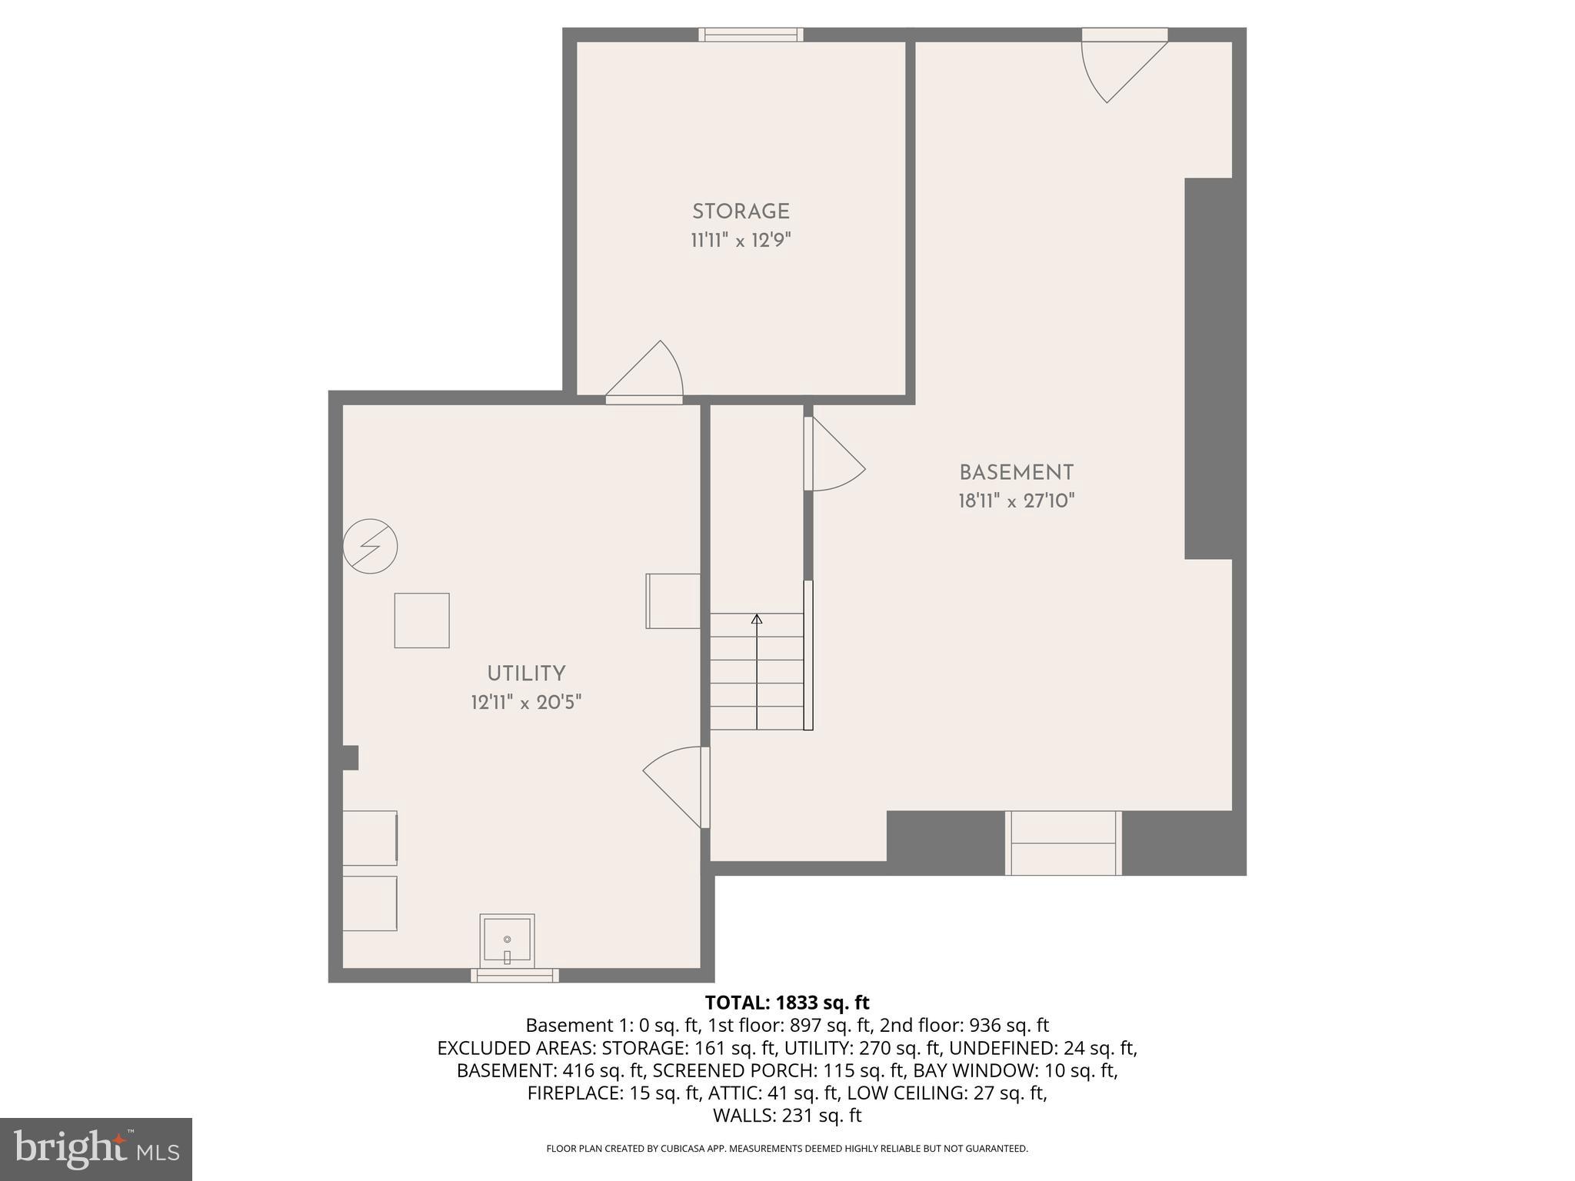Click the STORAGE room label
(x=741, y=211)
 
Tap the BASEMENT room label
(x=1016, y=473)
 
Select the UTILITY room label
(x=526, y=674)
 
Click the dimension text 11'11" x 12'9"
(x=741, y=241)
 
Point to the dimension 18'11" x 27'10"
(x=1016, y=501)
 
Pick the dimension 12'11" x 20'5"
(x=526, y=703)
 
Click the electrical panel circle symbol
(x=370, y=547)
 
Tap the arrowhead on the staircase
(x=757, y=618)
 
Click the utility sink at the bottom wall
(x=507, y=941)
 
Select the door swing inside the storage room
(x=650, y=373)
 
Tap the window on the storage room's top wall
(x=751, y=35)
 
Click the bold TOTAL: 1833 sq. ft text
(x=787, y=1003)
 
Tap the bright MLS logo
(x=95, y=1149)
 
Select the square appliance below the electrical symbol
(x=421, y=620)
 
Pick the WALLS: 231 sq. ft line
(x=787, y=1115)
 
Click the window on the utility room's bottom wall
(x=514, y=976)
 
